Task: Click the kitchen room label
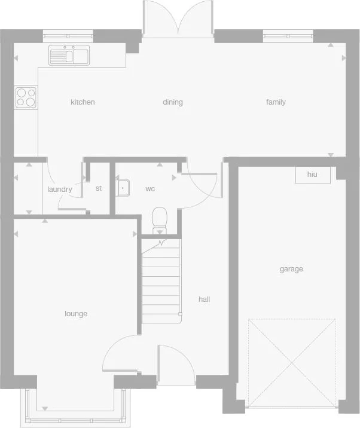pyautogui.click(x=83, y=102)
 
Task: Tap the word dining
pyautogui.click(x=173, y=102)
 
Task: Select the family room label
pyautogui.click(x=276, y=102)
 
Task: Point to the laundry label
pyautogui.click(x=59, y=189)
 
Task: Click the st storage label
pyautogui.click(x=99, y=188)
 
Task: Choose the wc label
pyautogui.click(x=150, y=189)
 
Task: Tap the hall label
pyautogui.click(x=204, y=299)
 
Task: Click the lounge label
pyautogui.click(x=76, y=314)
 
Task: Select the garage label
pyautogui.click(x=291, y=269)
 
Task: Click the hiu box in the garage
pyautogui.click(x=312, y=175)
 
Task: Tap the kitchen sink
pyautogui.click(x=69, y=56)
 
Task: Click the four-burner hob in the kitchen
pyautogui.click(x=26, y=97)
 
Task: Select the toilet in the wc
pyautogui.click(x=160, y=219)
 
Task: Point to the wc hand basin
pyautogui.click(x=123, y=188)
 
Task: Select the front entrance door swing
pyautogui.click(x=176, y=365)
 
